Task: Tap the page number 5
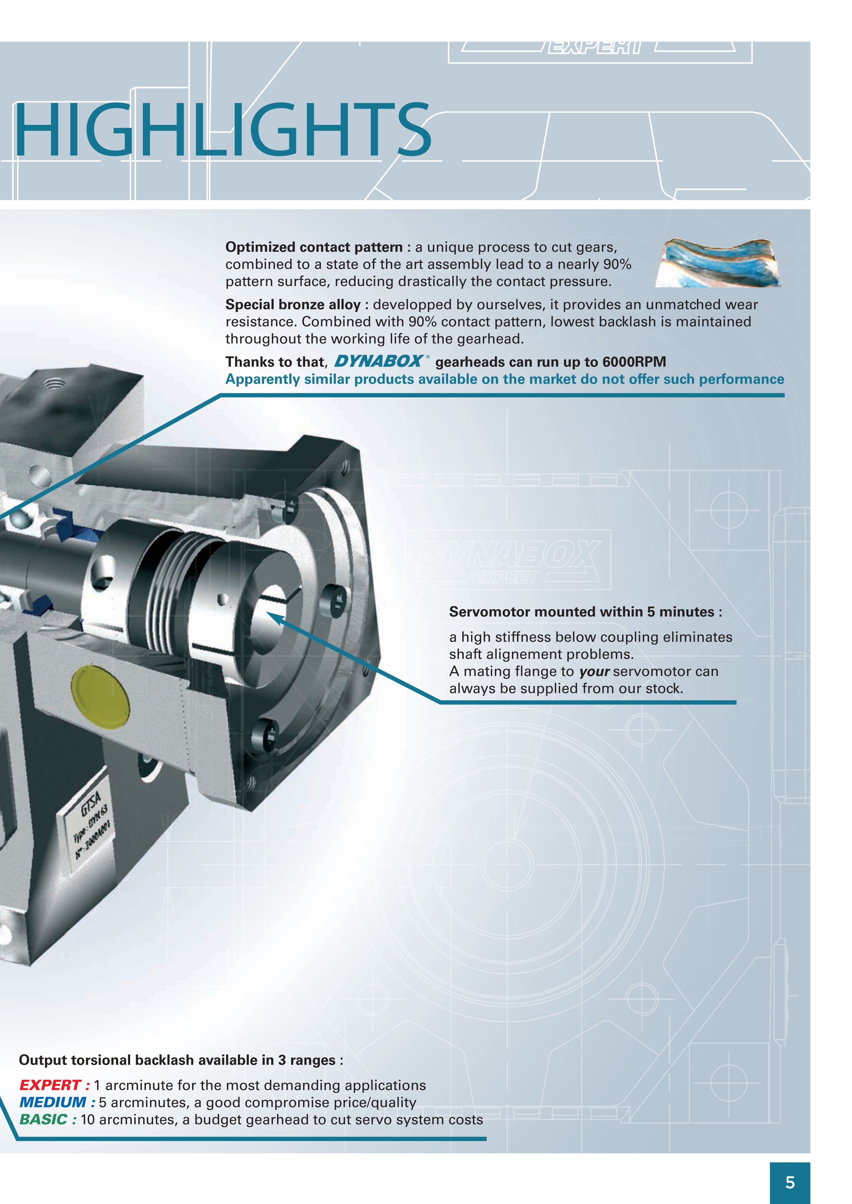pyautogui.click(x=790, y=1182)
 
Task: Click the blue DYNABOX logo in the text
pyautogui.click(x=379, y=361)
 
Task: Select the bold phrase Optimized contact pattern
pyautogui.click(x=314, y=247)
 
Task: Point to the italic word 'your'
pyautogui.click(x=594, y=671)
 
